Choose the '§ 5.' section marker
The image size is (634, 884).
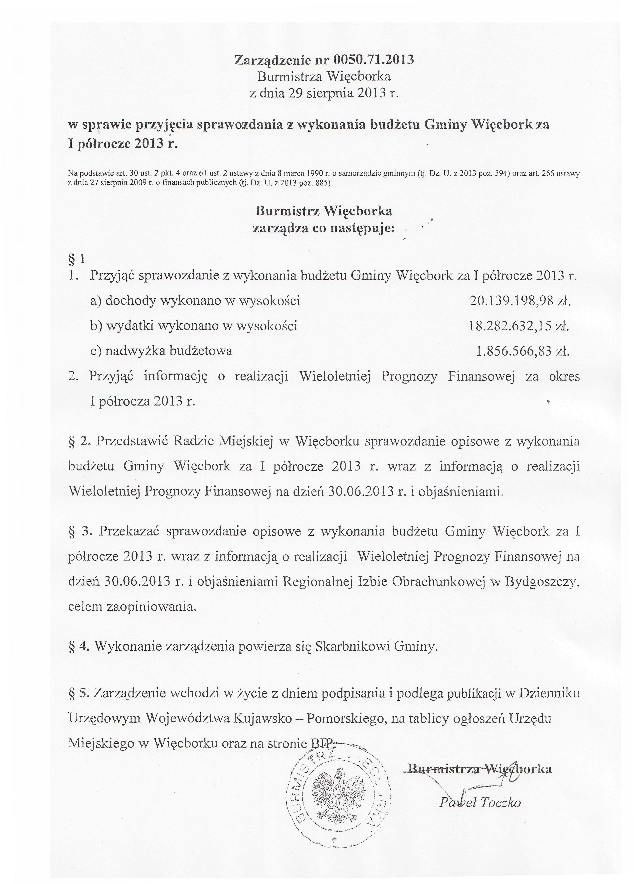[x=79, y=693]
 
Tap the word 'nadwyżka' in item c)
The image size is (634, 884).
[x=134, y=351]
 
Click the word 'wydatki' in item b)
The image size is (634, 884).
[x=130, y=326]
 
